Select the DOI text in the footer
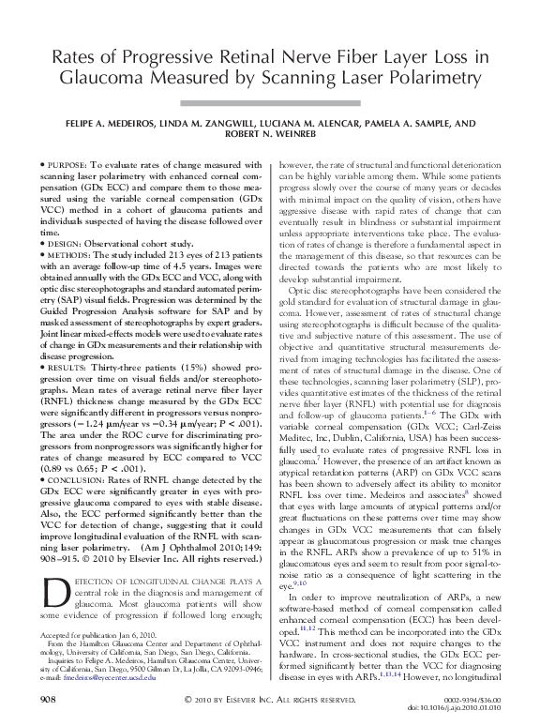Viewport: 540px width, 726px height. pyautogui.click(x=463, y=708)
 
